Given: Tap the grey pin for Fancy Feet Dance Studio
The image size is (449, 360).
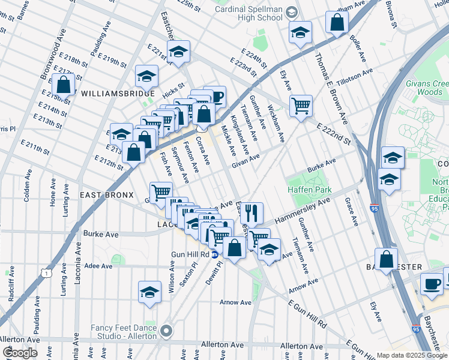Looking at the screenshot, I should coord(166,330).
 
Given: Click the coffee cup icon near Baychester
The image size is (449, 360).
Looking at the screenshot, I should coord(431,283).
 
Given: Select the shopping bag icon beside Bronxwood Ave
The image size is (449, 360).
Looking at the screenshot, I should coord(63,83).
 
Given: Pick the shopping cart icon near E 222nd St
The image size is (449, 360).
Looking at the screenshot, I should coord(301,105).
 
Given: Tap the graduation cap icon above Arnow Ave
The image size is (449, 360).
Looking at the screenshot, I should coord(149,292).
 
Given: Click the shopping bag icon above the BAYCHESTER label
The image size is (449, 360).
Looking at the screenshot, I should coord(387,259).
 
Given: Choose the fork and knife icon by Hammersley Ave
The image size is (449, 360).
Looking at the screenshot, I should coord(252,212).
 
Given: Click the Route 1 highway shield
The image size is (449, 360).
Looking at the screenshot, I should coord(46,273).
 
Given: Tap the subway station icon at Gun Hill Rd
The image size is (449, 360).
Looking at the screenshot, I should coord(214,255).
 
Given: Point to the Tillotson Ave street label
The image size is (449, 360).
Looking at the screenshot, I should coord(355,77).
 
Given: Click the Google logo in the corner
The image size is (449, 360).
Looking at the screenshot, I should coord(20,353).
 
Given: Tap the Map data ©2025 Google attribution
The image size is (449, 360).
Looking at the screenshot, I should coord(412,355).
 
